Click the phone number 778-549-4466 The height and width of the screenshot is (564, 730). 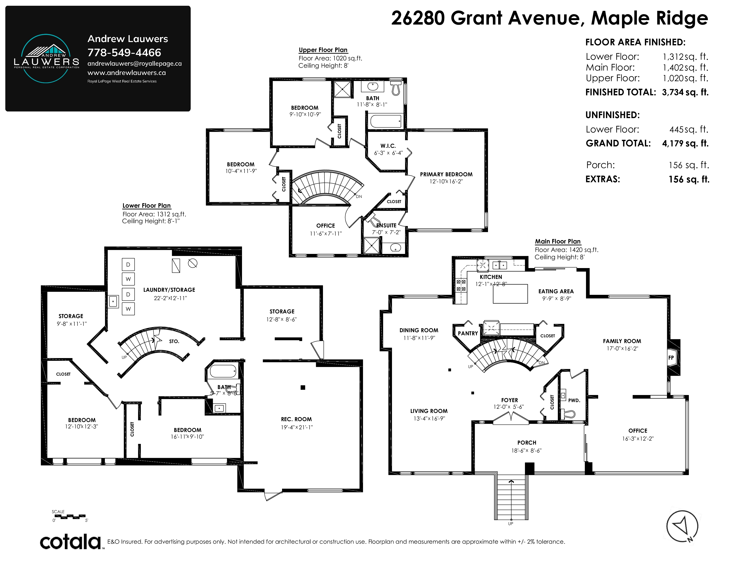(124, 52)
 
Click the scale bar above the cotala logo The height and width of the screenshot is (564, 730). (70, 516)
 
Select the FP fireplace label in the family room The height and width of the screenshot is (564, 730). (671, 357)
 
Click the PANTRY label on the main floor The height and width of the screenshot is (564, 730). (468, 333)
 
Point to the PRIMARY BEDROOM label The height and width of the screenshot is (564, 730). (446, 174)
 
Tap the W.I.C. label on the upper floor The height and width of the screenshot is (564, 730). (388, 146)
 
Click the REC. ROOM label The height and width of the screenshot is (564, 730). (296, 419)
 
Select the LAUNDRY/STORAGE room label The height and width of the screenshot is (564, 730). (169, 290)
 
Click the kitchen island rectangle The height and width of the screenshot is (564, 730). (510, 294)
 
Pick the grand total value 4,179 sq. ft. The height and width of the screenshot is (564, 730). (685, 143)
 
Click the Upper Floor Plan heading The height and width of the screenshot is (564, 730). (323, 50)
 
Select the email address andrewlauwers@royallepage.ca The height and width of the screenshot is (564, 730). (135, 63)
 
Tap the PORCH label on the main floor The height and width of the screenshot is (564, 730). (527, 442)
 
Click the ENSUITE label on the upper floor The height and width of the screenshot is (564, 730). (386, 225)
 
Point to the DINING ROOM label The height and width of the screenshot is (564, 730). (419, 330)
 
